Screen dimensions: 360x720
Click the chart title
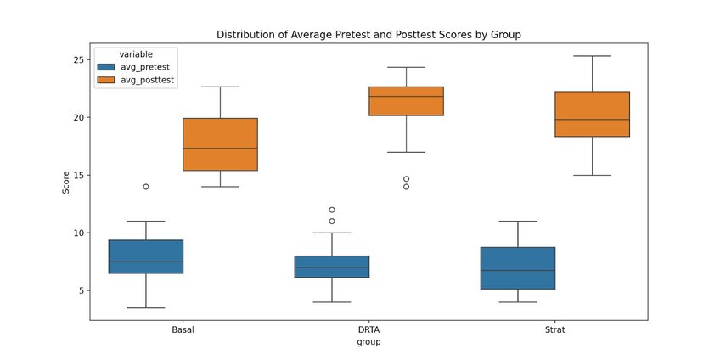[x=368, y=35]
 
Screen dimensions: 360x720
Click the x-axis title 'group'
[x=368, y=343]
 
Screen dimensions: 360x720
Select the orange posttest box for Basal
[x=220, y=144]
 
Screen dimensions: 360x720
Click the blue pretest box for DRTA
[x=332, y=267]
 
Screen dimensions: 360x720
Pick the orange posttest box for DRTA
[x=406, y=101]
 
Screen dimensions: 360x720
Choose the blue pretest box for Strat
[x=518, y=268]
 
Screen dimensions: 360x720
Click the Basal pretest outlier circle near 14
[x=146, y=187]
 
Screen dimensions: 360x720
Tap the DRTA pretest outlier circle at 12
[x=332, y=210]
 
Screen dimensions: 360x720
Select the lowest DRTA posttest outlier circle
[x=406, y=187]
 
